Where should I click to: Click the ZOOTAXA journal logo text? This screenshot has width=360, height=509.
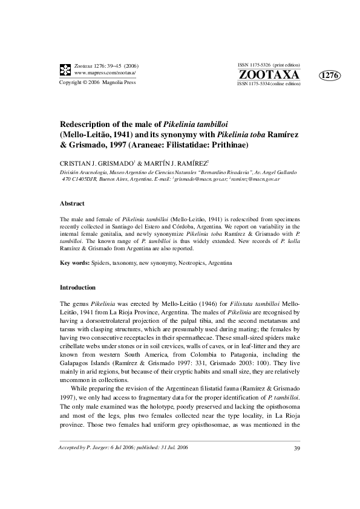269,74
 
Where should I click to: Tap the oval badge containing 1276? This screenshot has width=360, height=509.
329,75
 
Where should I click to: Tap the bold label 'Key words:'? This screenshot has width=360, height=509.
74,264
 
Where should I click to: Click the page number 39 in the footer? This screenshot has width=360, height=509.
296,448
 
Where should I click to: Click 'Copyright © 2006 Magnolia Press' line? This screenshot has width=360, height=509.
97,82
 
